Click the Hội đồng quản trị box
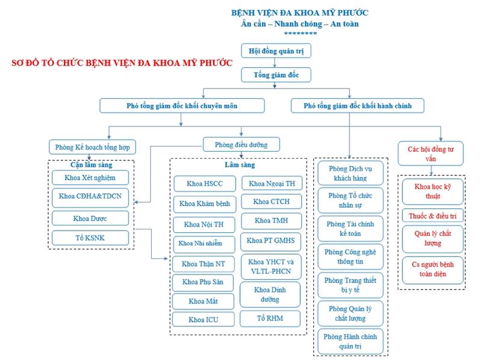276,51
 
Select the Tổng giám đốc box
276,75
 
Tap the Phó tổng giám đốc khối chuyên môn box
182,106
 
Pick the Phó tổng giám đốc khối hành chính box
357,106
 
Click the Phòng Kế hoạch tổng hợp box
92,147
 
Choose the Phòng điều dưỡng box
242,144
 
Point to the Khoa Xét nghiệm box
90,178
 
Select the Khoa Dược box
90,219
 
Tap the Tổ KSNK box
90,238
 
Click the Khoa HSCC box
205,184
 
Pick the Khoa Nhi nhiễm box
204,244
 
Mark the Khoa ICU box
203,320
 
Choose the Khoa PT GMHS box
271,241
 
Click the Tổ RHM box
270,318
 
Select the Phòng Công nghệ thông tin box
351,257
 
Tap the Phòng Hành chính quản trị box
351,341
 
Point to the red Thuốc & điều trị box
433,216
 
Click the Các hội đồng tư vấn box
430,154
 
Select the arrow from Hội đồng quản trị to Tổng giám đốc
275,63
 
